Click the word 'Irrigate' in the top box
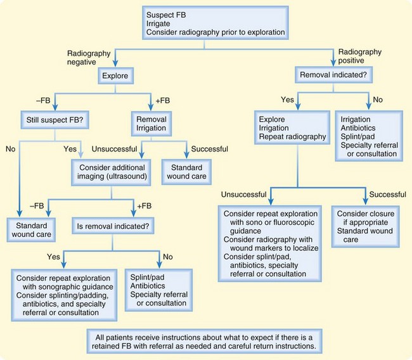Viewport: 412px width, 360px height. point(161,23)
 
